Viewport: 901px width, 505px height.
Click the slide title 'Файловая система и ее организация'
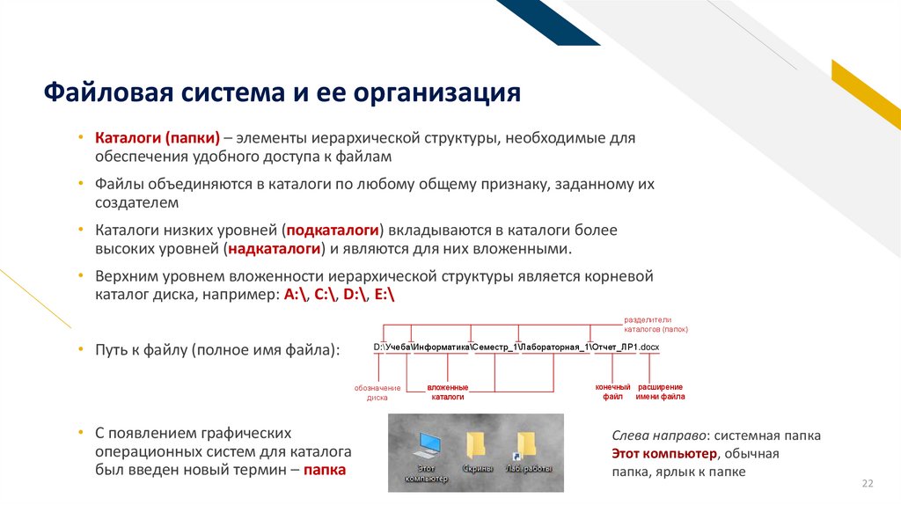[282, 92]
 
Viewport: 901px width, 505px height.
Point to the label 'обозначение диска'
[377, 392]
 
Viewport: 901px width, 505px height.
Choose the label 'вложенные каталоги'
[448, 392]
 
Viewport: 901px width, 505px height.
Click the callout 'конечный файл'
[612, 392]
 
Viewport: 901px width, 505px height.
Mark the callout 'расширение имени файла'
[660, 392]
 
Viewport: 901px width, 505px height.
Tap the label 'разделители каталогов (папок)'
[656, 324]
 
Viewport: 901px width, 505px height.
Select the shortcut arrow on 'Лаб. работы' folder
[512, 457]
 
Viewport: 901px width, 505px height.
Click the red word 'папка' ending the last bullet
[325, 470]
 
